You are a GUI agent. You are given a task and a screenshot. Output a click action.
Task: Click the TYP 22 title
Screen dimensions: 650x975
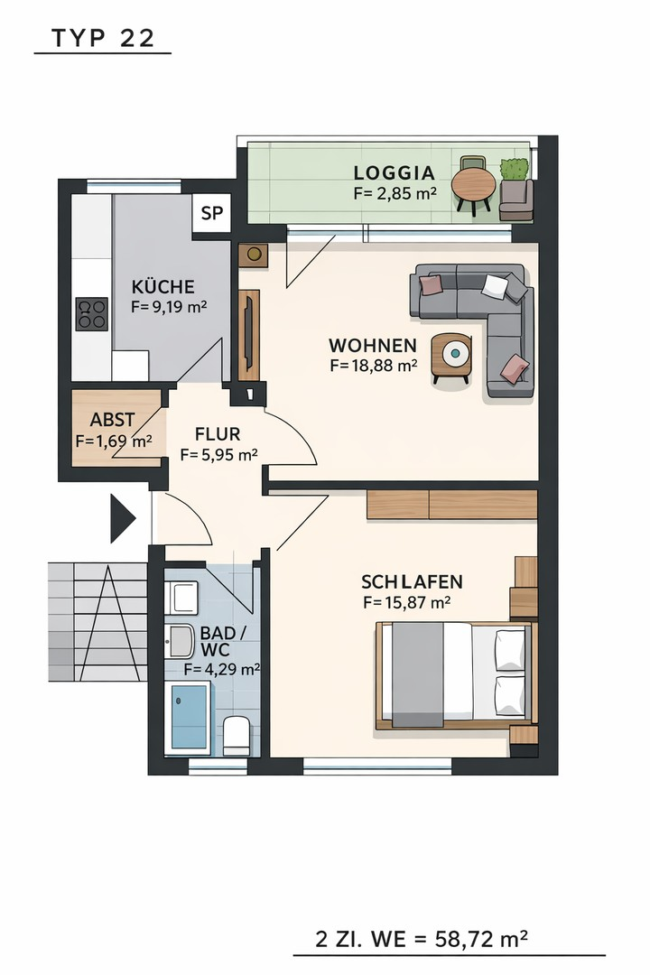103,39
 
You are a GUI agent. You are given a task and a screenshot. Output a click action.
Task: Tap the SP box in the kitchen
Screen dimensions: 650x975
211,213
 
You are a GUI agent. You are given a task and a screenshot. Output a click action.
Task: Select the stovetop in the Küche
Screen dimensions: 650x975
91,314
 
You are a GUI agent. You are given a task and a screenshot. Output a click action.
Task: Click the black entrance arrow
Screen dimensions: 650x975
123,518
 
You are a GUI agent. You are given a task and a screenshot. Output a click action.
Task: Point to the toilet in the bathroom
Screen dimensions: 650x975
237,735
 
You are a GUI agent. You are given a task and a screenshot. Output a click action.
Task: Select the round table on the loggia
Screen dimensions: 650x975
473,184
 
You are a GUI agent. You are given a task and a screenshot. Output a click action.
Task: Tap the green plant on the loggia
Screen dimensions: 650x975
515,169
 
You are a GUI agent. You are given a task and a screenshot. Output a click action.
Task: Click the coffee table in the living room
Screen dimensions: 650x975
451,357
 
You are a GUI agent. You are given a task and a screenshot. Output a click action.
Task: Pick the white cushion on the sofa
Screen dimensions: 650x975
495,287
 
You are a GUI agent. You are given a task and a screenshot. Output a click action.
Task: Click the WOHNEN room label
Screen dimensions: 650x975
373,345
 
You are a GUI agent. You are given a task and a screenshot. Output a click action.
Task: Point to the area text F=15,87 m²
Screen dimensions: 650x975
407,602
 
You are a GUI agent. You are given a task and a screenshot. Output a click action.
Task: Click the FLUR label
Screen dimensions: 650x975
218,434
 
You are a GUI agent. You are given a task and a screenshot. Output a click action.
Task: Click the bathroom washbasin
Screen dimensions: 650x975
181,641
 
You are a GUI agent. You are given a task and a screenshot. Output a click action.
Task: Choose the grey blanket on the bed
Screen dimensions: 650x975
417,674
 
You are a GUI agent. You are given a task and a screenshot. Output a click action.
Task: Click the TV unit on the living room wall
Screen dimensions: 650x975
249,335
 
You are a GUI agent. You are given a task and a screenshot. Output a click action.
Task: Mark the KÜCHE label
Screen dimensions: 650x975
163,287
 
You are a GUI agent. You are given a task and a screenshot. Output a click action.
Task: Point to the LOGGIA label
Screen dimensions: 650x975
395,172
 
